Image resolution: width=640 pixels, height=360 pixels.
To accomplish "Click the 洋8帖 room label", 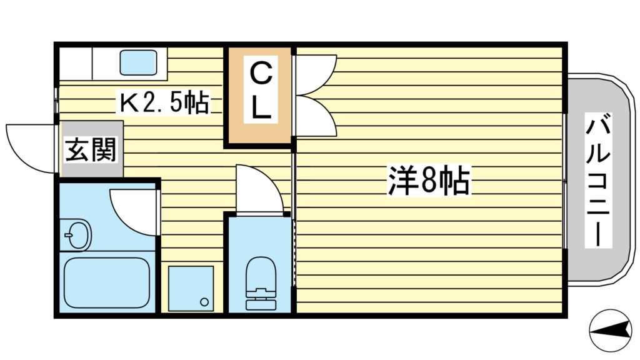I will click(x=428, y=181).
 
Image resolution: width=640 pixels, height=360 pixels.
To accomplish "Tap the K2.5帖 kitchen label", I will click(x=164, y=102).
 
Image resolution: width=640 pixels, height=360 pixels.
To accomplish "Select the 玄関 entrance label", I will click(x=92, y=150).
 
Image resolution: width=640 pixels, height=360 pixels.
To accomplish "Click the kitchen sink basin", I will click(x=138, y=62).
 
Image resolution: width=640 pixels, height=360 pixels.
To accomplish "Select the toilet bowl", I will click(x=260, y=274).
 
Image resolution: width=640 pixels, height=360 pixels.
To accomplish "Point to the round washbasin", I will click(x=78, y=236).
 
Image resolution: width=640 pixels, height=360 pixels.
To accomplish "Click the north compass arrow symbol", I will click(x=612, y=329).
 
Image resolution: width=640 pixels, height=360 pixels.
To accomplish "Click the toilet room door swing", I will click(x=257, y=189).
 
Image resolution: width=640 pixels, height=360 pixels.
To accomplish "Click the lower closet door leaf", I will click(x=316, y=117).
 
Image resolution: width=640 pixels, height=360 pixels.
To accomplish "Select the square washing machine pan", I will click(x=191, y=288).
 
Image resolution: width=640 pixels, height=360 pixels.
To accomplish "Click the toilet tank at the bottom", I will click(x=260, y=302).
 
